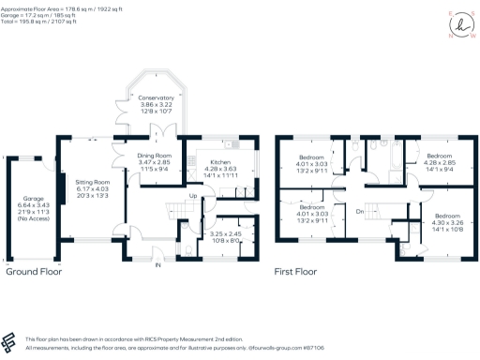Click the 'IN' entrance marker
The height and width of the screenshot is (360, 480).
pos(157,265)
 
